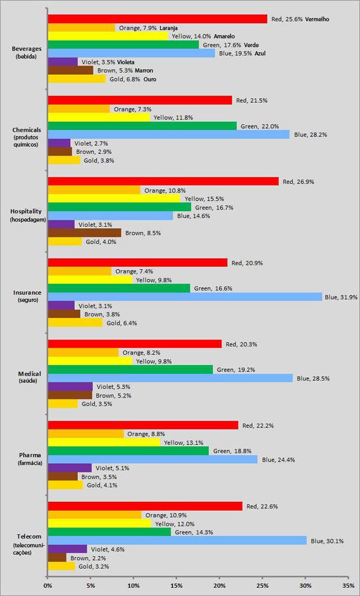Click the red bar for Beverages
pos(157,19)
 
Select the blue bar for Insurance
pos(184,297)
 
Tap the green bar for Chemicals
pos(142,126)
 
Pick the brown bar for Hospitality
pos(84,233)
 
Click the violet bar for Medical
pos(70,387)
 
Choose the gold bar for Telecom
pos(61,566)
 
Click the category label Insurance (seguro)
pos(27,296)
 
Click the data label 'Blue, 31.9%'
pos(341,297)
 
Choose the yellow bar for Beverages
pos(107,36)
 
